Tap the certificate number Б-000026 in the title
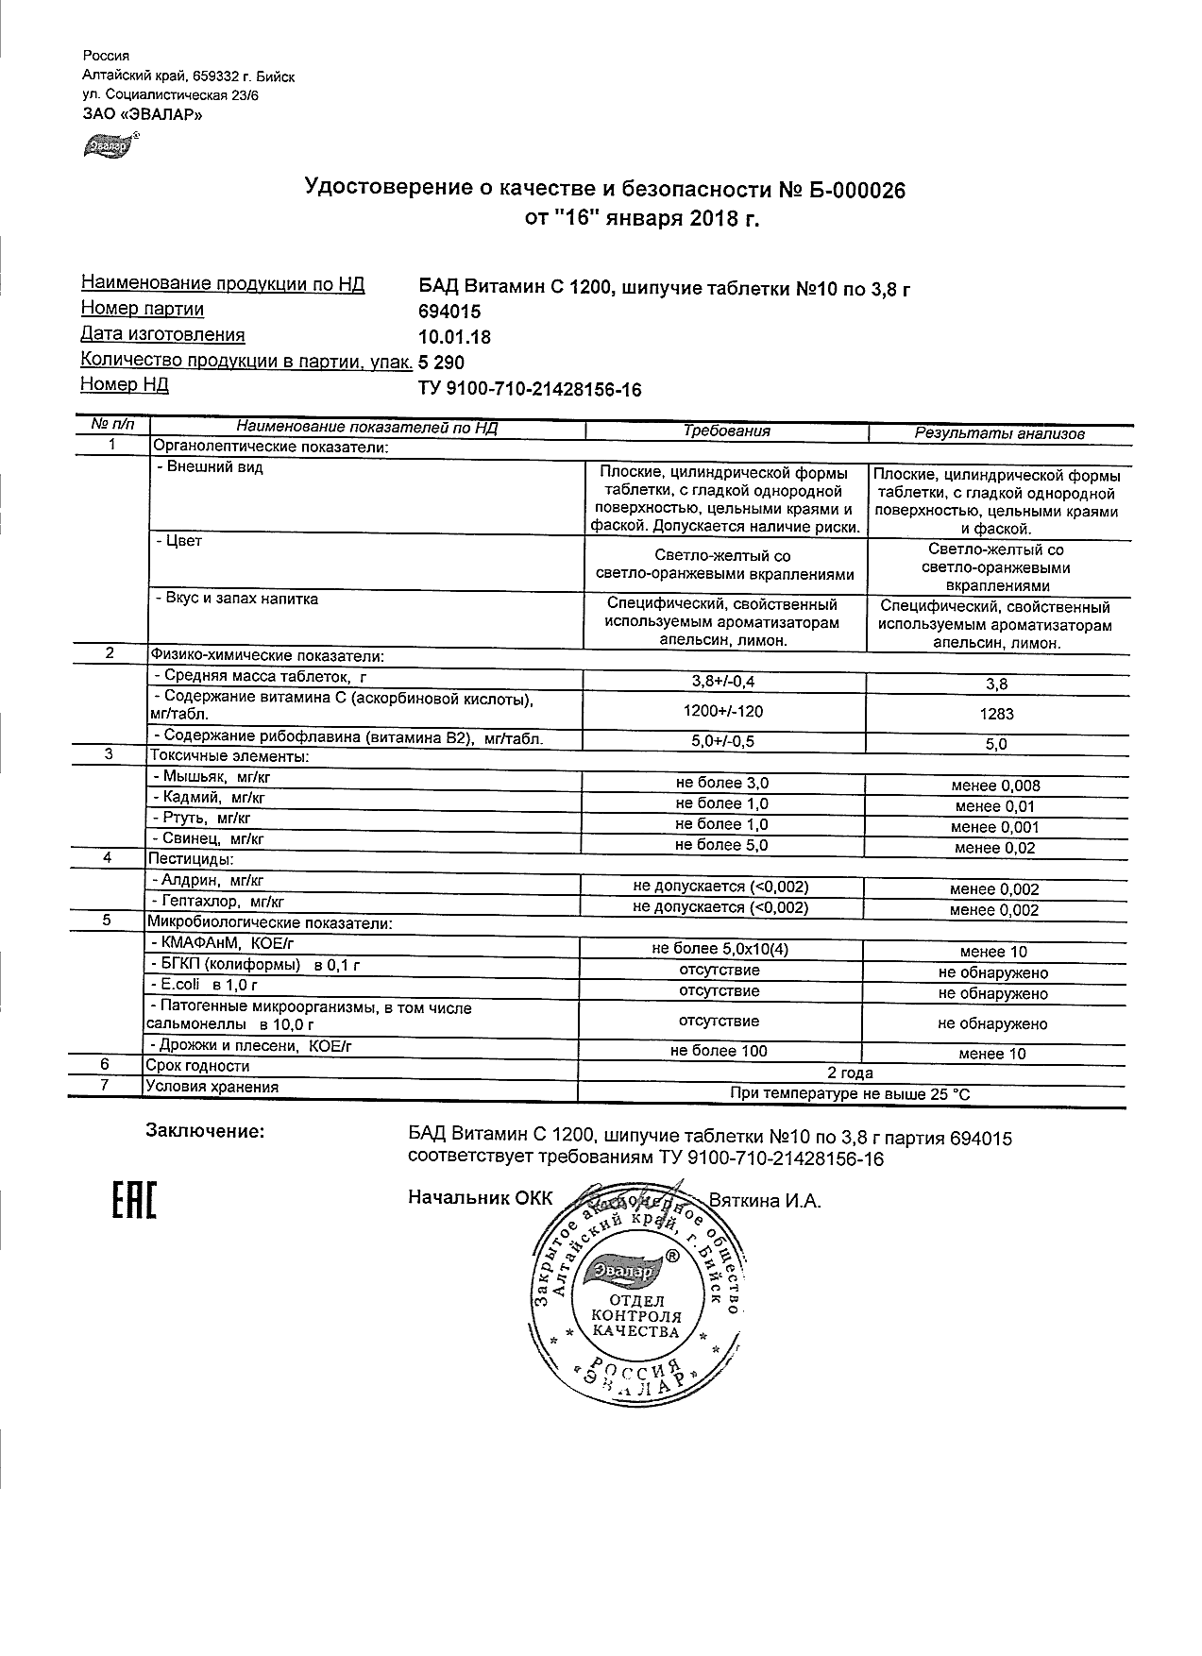(854, 191)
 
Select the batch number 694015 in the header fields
(449, 312)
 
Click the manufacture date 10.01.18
(454, 337)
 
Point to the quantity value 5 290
(442, 363)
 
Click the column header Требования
(726, 431)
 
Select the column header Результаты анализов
(999, 433)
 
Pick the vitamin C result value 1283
(996, 715)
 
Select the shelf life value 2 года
(850, 1073)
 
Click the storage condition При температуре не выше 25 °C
(850, 1094)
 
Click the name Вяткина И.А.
(765, 1201)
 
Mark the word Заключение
(204, 1130)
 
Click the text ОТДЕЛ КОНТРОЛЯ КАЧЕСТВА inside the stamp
(635, 1316)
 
